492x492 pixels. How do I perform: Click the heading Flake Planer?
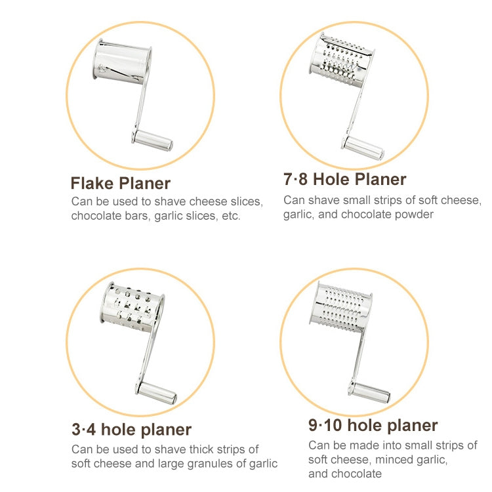pyautogui.click(x=121, y=183)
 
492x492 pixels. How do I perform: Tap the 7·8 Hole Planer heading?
pyautogui.click(x=345, y=179)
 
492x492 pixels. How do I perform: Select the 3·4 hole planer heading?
pyautogui.click(x=131, y=430)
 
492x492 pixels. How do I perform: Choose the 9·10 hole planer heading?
pyautogui.click(x=373, y=426)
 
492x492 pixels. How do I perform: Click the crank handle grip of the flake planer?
pyautogui.click(x=152, y=140)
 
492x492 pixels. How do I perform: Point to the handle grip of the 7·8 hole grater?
pyautogui.click(x=363, y=148)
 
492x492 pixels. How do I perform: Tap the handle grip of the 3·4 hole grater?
pyautogui.click(x=156, y=393)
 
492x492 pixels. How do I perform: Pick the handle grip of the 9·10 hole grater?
pyautogui.click(x=369, y=392)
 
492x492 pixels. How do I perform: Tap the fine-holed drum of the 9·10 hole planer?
pyautogui.click(x=340, y=306)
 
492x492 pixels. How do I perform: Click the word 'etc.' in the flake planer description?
pyautogui.click(x=231, y=216)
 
